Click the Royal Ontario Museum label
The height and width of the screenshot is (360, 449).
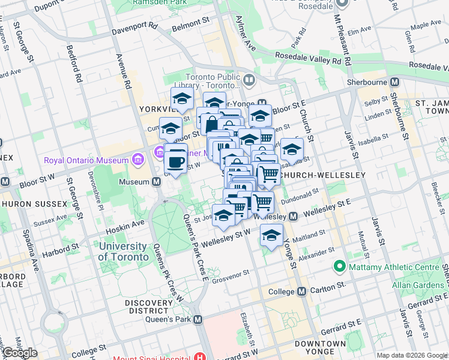coord(86,160)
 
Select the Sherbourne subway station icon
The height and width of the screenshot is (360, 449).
coord(395,82)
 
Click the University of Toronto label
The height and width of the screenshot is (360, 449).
coord(123,251)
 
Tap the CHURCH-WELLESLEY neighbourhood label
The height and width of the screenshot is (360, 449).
coord(323,175)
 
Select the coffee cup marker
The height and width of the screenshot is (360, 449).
coord(176,161)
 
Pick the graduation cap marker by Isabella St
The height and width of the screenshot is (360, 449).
coord(292,149)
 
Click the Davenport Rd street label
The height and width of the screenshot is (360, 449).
coord(137,26)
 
